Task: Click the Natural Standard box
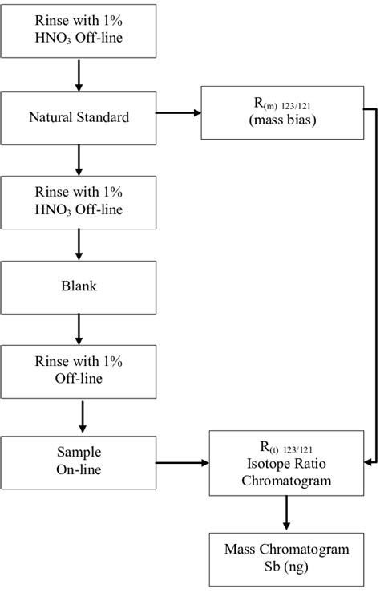tap(79, 117)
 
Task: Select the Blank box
tap(79, 286)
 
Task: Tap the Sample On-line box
tap(79, 459)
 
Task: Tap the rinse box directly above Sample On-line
tap(79, 372)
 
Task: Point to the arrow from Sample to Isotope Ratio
tap(181, 462)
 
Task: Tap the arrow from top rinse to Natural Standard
tap(79, 75)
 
